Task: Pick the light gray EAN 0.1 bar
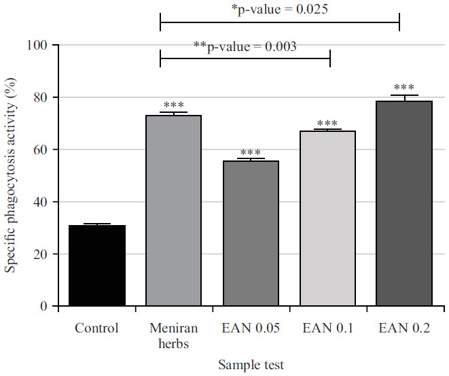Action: coord(328,218)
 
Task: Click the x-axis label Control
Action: coord(96,328)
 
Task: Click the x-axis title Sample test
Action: coord(251,364)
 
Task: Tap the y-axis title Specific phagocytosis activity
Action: coord(12,176)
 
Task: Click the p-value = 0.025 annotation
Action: coord(281,9)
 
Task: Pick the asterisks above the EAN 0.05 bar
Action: coord(251,152)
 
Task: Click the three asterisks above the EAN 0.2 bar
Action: coord(404,88)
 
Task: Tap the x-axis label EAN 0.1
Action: coord(328,328)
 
